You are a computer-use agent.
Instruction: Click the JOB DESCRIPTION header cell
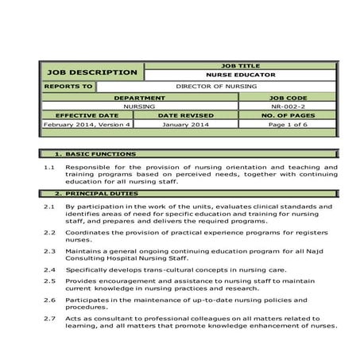click(x=91, y=72)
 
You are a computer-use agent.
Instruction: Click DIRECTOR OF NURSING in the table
click(x=216, y=86)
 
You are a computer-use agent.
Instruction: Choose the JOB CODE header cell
click(x=288, y=97)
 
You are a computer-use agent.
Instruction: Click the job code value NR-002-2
click(x=288, y=106)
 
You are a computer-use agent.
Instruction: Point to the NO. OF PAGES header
click(x=288, y=115)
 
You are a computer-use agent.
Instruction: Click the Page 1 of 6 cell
click(x=288, y=125)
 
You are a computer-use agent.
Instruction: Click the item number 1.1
click(x=48, y=168)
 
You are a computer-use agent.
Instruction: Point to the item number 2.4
click(x=48, y=269)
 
